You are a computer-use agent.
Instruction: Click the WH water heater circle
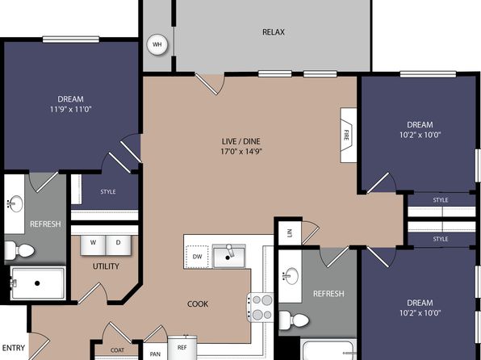point(157,44)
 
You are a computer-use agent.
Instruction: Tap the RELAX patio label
point(274,32)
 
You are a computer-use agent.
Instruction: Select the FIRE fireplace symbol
point(348,135)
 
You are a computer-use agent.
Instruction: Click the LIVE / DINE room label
point(240,141)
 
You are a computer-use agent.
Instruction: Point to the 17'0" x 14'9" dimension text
point(240,151)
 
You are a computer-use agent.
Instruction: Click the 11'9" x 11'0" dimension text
point(71,109)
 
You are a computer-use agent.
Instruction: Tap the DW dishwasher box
point(197,256)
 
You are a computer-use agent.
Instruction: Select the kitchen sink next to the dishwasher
point(229,256)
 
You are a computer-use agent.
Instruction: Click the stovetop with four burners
point(261,308)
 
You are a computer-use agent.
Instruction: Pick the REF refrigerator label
point(182,347)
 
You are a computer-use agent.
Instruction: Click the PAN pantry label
point(155,354)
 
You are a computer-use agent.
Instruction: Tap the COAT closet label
point(117,350)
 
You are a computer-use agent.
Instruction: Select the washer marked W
point(93,245)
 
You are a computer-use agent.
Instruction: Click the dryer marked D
point(119,245)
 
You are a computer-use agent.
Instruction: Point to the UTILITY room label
point(106,266)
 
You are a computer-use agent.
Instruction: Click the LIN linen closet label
point(289,233)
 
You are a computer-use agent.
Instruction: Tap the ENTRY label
point(14,348)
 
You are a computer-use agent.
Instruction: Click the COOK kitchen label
point(198,303)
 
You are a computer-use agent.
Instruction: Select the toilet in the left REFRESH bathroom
point(19,250)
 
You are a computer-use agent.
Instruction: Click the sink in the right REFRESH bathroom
point(290,275)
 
